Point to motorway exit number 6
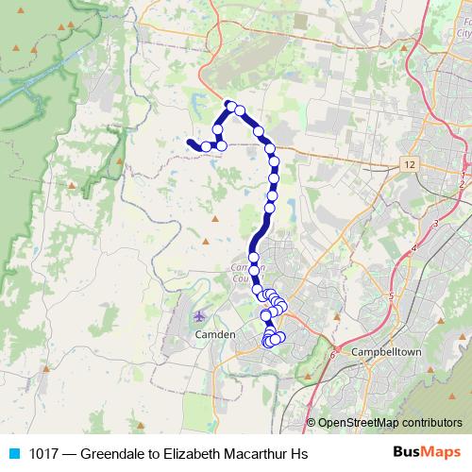pos(333,356)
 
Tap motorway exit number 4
pos(415,248)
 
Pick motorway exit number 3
pos(435,223)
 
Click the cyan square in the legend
pos(14,454)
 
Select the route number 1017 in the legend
pos(43,454)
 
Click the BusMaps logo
pos(426,453)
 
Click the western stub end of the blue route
pos(190,143)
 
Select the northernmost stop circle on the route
pos(229,105)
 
